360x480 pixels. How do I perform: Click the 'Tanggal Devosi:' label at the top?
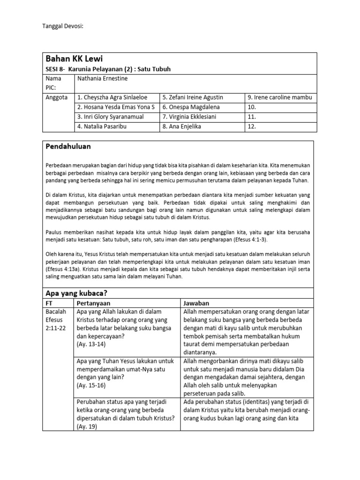63,26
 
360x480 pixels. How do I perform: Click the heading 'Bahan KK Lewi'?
74,59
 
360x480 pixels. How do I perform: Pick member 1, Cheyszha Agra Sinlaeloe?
112,97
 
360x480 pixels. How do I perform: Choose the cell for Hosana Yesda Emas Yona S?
116,107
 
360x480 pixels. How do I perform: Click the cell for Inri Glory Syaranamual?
111,117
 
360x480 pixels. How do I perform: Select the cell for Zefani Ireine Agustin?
193,97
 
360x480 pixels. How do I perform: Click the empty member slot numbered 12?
252,126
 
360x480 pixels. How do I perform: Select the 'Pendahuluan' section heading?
68,147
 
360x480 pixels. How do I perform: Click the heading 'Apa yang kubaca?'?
76,293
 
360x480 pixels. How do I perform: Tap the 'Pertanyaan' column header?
94,303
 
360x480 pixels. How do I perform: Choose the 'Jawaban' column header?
197,303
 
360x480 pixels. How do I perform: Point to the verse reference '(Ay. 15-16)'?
91,385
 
